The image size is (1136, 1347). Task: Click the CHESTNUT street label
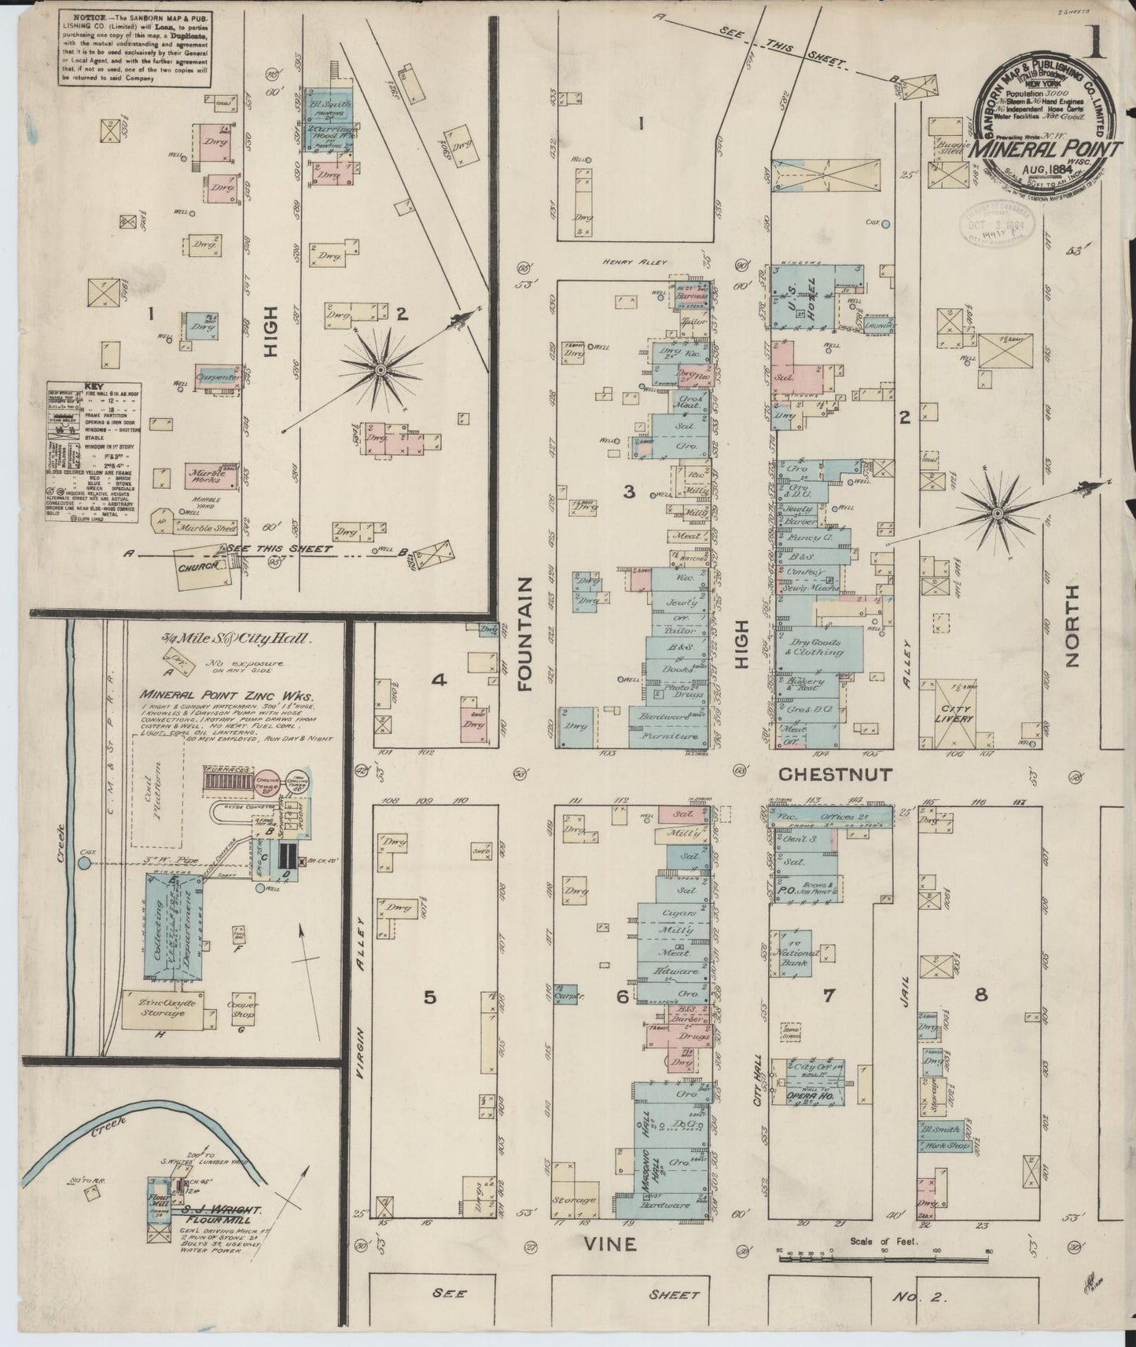[835, 775]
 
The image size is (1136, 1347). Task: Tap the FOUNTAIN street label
[525, 633]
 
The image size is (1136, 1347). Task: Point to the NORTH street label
[1071, 626]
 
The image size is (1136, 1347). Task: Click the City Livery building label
[954, 713]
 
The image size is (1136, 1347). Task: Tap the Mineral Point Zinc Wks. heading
[226, 696]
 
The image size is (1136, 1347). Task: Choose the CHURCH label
[197, 566]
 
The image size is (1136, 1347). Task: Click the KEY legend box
[93, 452]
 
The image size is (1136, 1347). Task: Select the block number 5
[429, 996]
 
